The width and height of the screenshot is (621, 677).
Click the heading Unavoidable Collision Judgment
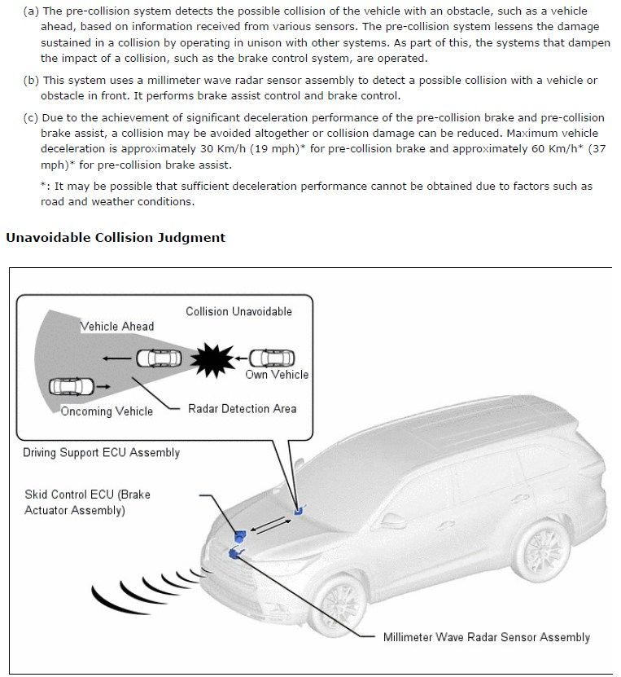116,238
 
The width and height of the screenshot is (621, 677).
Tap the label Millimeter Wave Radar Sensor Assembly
486,637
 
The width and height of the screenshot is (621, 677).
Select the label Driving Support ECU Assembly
101,452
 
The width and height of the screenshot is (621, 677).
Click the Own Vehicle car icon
272,358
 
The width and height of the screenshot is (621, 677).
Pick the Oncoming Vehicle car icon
72,385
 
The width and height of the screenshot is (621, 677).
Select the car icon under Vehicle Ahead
159,358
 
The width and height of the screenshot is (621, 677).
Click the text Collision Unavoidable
238,311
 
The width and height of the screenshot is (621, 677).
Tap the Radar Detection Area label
242,409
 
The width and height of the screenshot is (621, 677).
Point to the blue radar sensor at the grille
236,554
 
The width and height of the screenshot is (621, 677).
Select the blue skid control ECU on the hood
239,535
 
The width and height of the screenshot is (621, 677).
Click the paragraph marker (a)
31,11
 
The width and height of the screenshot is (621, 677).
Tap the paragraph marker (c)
31,118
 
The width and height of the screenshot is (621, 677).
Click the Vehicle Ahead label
116,327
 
